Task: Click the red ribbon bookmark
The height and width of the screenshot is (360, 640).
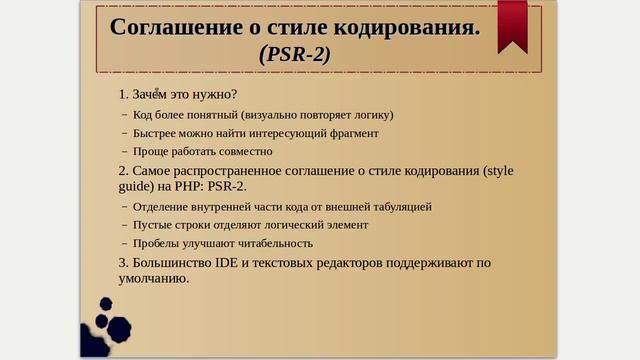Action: click(x=513, y=25)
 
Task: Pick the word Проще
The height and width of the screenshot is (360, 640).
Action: click(x=151, y=151)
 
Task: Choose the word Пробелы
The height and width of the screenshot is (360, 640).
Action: click(x=157, y=243)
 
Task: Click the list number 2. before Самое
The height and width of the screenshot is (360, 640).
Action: click(x=124, y=170)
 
